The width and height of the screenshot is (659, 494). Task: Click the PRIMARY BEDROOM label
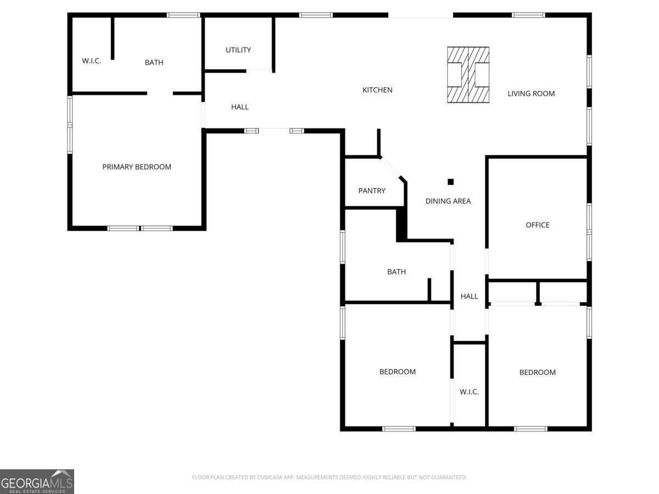click(137, 167)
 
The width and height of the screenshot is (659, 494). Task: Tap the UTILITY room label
click(238, 50)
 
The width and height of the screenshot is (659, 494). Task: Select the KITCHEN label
click(377, 90)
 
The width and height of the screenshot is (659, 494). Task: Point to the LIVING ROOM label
click(531, 93)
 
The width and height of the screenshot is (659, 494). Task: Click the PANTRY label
click(372, 191)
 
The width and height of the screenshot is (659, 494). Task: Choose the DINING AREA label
click(448, 201)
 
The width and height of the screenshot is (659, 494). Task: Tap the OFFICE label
click(538, 225)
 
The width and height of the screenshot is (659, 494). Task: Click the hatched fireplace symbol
click(468, 75)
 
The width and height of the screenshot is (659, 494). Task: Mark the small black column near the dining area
click(450, 182)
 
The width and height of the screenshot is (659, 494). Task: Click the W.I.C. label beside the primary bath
click(91, 61)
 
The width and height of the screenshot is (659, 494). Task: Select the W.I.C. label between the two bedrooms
click(469, 392)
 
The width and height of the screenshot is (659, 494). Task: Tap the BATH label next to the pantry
click(396, 272)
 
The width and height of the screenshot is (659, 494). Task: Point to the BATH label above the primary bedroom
click(154, 63)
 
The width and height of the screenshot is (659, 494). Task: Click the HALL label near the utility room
click(239, 107)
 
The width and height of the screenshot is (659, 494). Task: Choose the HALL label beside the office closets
click(469, 296)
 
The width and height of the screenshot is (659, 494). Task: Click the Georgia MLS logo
click(37, 482)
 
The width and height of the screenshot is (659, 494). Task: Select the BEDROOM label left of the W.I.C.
click(398, 372)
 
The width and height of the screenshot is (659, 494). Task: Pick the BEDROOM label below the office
click(538, 372)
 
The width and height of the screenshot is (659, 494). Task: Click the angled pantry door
click(390, 168)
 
